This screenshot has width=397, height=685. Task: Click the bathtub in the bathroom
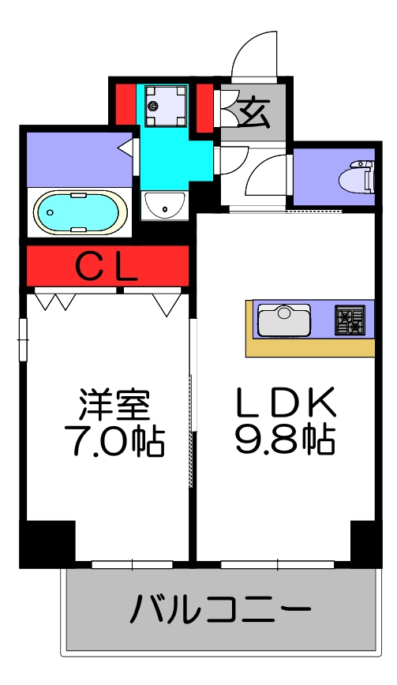tap(78, 212)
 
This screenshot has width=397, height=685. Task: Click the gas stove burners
tap(350, 321)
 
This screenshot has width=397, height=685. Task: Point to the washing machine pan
tap(164, 105)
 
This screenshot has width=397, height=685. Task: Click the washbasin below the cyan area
tap(164, 205)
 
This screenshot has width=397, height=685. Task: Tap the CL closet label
tap(107, 268)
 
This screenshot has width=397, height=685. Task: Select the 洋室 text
tap(112, 407)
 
